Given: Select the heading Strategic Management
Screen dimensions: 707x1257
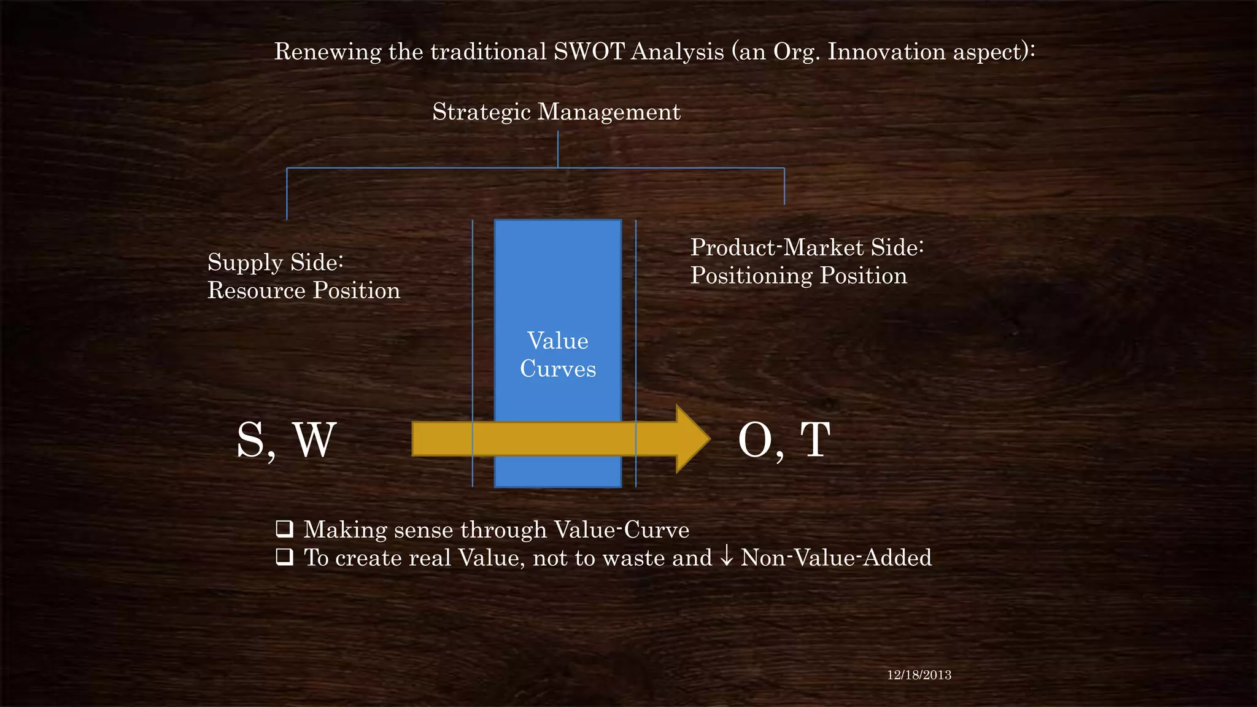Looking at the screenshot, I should [x=556, y=112].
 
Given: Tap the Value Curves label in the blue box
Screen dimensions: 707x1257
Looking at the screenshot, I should [x=558, y=355].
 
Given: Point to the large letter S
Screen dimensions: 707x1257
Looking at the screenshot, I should [x=251, y=440].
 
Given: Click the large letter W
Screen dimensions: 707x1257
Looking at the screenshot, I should [x=315, y=440].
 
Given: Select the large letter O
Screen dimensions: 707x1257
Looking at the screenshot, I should [x=755, y=440].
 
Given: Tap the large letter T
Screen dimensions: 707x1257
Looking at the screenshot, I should [x=815, y=440].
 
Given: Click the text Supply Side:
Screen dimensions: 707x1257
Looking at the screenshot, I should [x=275, y=263].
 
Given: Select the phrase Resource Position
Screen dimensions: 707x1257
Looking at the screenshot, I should [x=303, y=291].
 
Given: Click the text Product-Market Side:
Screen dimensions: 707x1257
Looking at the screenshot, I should [x=806, y=248].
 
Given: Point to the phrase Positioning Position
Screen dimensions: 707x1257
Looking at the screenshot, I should [x=798, y=276].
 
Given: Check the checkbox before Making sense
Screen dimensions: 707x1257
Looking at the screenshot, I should [x=284, y=528].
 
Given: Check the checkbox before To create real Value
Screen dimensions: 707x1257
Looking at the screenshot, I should [x=284, y=557].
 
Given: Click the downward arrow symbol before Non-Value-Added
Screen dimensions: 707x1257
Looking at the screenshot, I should [x=726, y=556].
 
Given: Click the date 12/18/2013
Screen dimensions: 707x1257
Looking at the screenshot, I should [x=919, y=675].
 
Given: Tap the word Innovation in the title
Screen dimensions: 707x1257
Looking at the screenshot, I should [x=886, y=52].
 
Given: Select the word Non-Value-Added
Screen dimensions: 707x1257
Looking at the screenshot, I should [x=836, y=558].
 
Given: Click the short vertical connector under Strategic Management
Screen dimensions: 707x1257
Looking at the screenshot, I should [x=558, y=149].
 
